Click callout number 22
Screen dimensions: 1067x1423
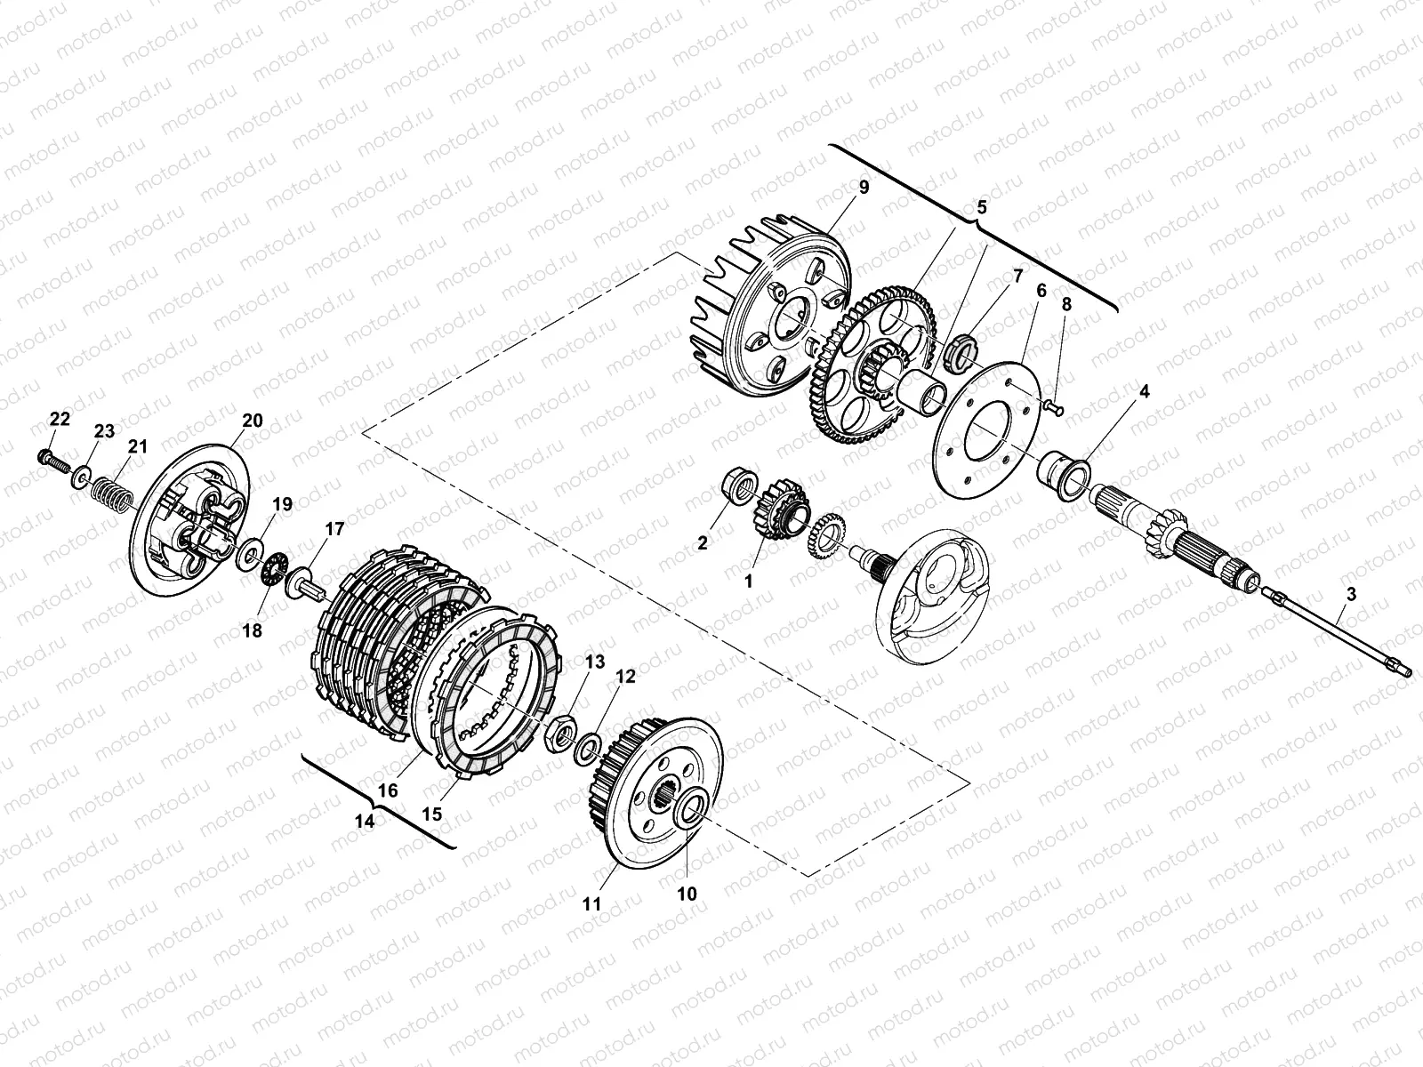pyautogui.click(x=59, y=419)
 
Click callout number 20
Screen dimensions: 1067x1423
pyautogui.click(x=253, y=421)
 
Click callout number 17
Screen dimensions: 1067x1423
pyautogui.click(x=334, y=530)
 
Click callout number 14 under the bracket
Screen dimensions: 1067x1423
pyautogui.click(x=365, y=822)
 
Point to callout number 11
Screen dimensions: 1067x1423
pyautogui.click(x=591, y=904)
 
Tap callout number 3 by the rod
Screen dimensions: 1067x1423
pyautogui.click(x=1351, y=596)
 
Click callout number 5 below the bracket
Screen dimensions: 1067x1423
pyautogui.click(x=982, y=206)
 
